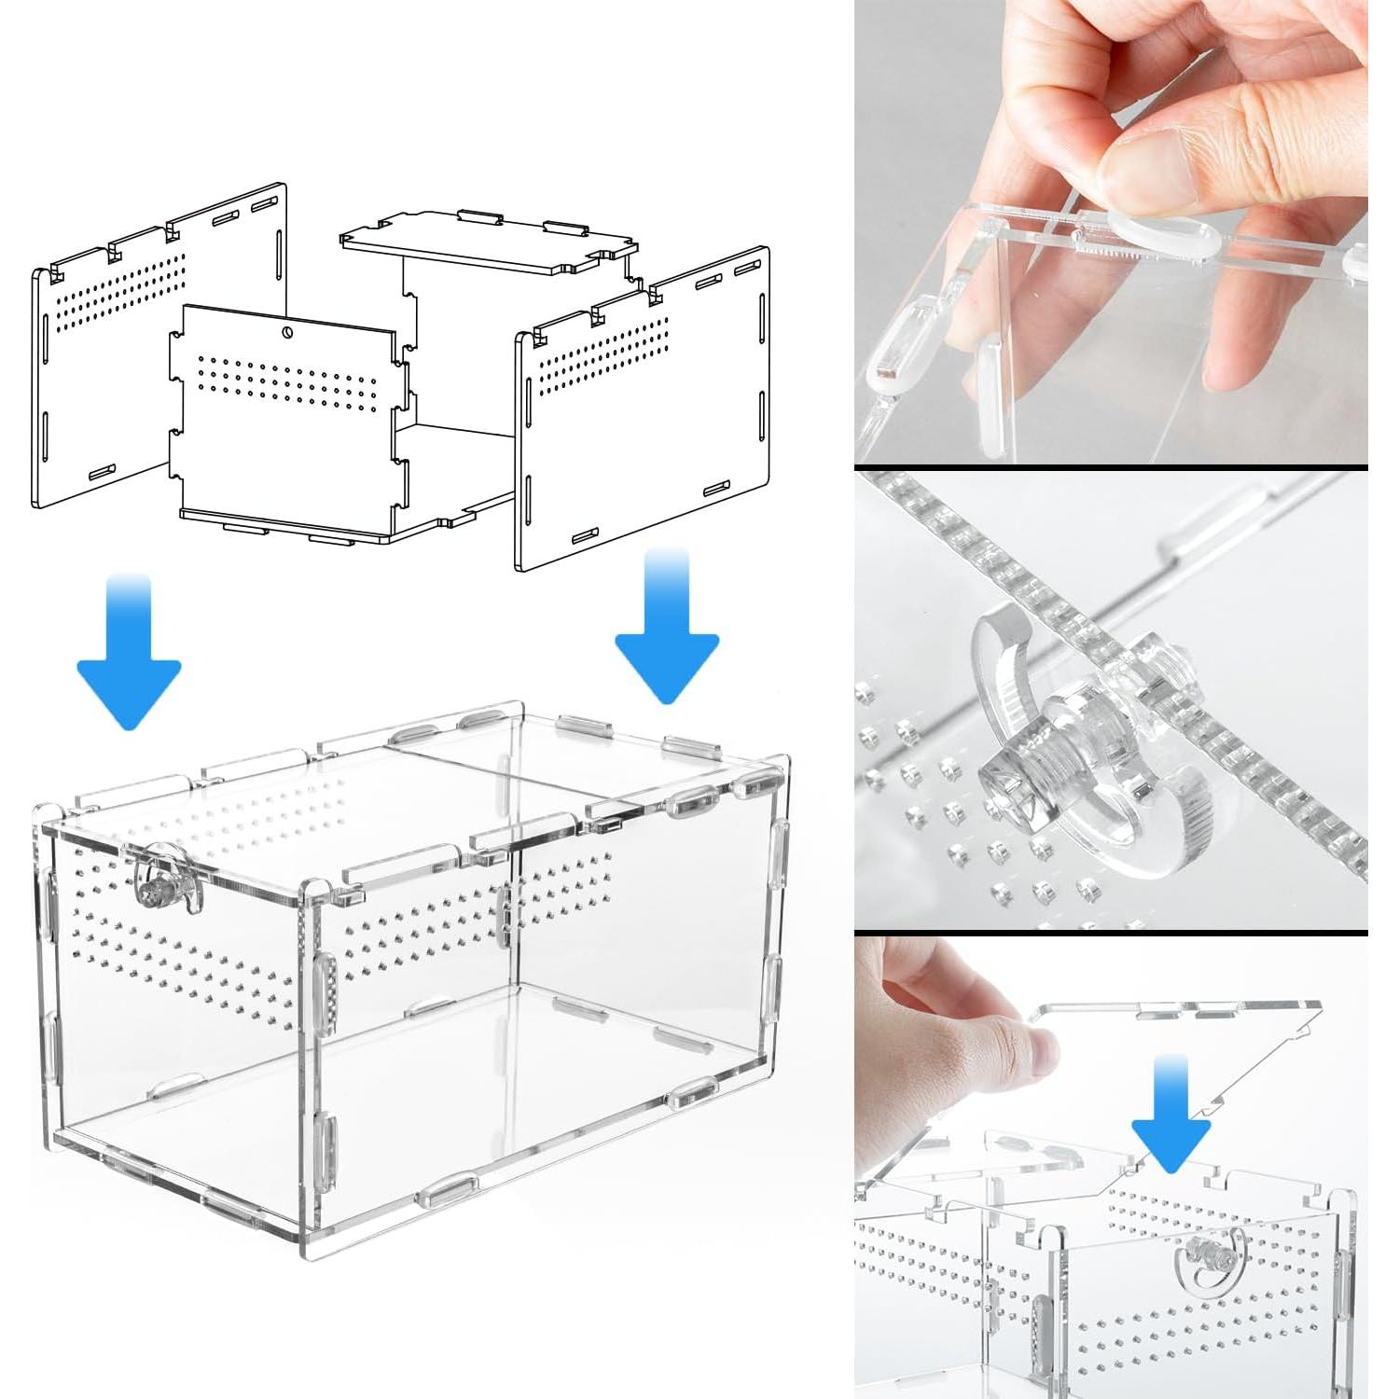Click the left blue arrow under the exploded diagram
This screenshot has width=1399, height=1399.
click(129, 658)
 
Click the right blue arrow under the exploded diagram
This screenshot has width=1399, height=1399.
click(666, 634)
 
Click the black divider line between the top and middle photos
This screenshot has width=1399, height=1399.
click(1110, 466)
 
